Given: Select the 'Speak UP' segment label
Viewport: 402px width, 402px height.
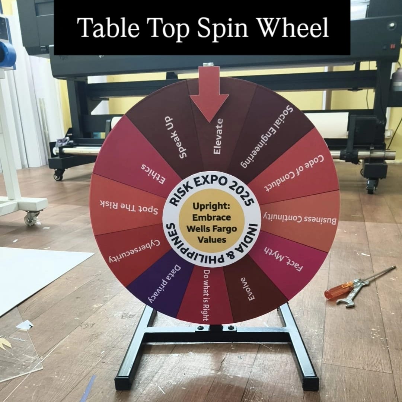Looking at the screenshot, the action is click(176, 137).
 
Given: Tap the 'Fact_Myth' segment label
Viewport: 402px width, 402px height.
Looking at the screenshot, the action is click(284, 259).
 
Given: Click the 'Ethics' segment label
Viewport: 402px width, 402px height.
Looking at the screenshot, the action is click(153, 174).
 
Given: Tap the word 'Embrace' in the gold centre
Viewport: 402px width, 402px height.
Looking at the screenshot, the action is click(211, 217).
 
